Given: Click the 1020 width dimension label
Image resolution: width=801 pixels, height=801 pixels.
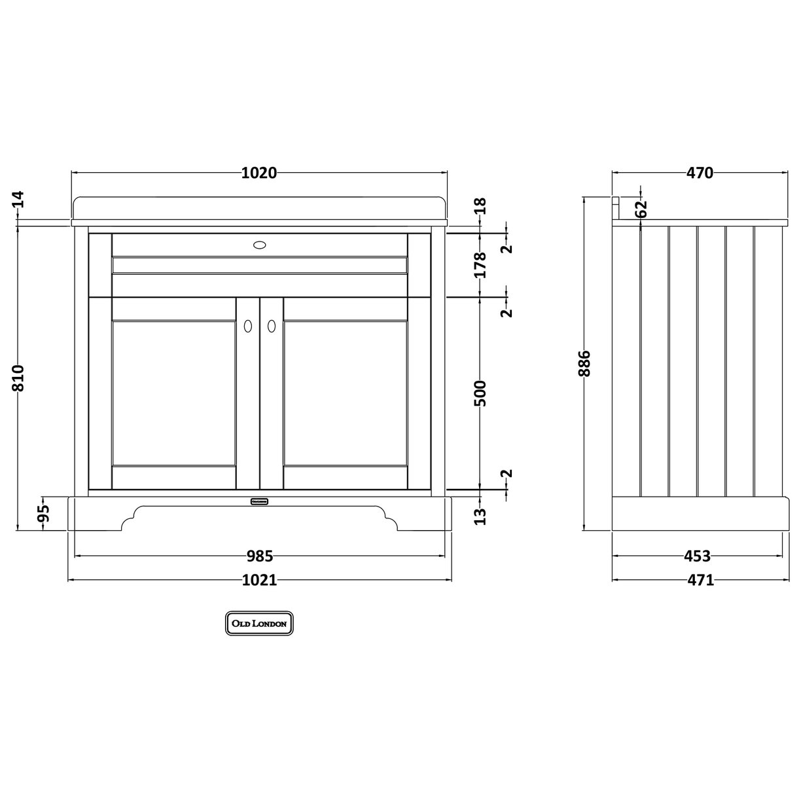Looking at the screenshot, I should point(259,173).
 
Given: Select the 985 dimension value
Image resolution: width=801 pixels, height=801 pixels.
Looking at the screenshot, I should point(259,556).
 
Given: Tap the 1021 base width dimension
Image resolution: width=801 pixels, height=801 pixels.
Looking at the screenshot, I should point(259,580).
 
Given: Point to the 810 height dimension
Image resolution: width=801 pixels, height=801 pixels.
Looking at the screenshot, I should point(18,378).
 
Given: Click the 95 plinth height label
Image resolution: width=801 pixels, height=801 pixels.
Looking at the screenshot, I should point(43,514).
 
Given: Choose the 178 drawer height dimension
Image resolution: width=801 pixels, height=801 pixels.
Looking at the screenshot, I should point(480,264).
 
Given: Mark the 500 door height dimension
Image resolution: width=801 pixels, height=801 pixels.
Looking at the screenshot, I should point(480,393).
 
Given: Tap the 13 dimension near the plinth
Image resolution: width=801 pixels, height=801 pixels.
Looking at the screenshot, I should point(480,516).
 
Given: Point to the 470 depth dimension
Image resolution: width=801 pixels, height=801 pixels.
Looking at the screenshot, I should point(700,173).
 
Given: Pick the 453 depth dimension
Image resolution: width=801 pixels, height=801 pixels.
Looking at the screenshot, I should point(697,556).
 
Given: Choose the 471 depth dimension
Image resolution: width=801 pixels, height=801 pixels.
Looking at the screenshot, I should point(700,580).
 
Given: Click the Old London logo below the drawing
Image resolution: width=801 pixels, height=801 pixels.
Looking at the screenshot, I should point(259,624).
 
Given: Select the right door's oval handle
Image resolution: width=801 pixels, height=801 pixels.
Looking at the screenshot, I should point(272,325).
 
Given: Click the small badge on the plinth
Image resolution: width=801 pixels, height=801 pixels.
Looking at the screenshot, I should point(260,501).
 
